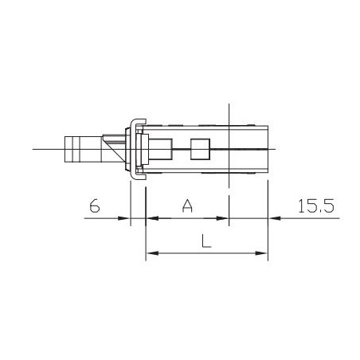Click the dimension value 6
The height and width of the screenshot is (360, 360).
[x=95, y=205]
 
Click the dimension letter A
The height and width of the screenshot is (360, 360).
[x=187, y=205]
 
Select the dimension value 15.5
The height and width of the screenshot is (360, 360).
[x=316, y=205]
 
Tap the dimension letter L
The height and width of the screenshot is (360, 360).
[x=206, y=241]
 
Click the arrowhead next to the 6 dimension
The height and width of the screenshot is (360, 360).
[x=123, y=218]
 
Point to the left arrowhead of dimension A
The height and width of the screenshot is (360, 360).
[x=152, y=218]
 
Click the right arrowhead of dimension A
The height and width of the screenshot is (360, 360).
[x=222, y=218]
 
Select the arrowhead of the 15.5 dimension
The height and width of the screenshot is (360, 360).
[x=274, y=218]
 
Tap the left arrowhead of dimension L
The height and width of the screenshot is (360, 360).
[x=152, y=253]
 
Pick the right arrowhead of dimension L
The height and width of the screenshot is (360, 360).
[x=261, y=253]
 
